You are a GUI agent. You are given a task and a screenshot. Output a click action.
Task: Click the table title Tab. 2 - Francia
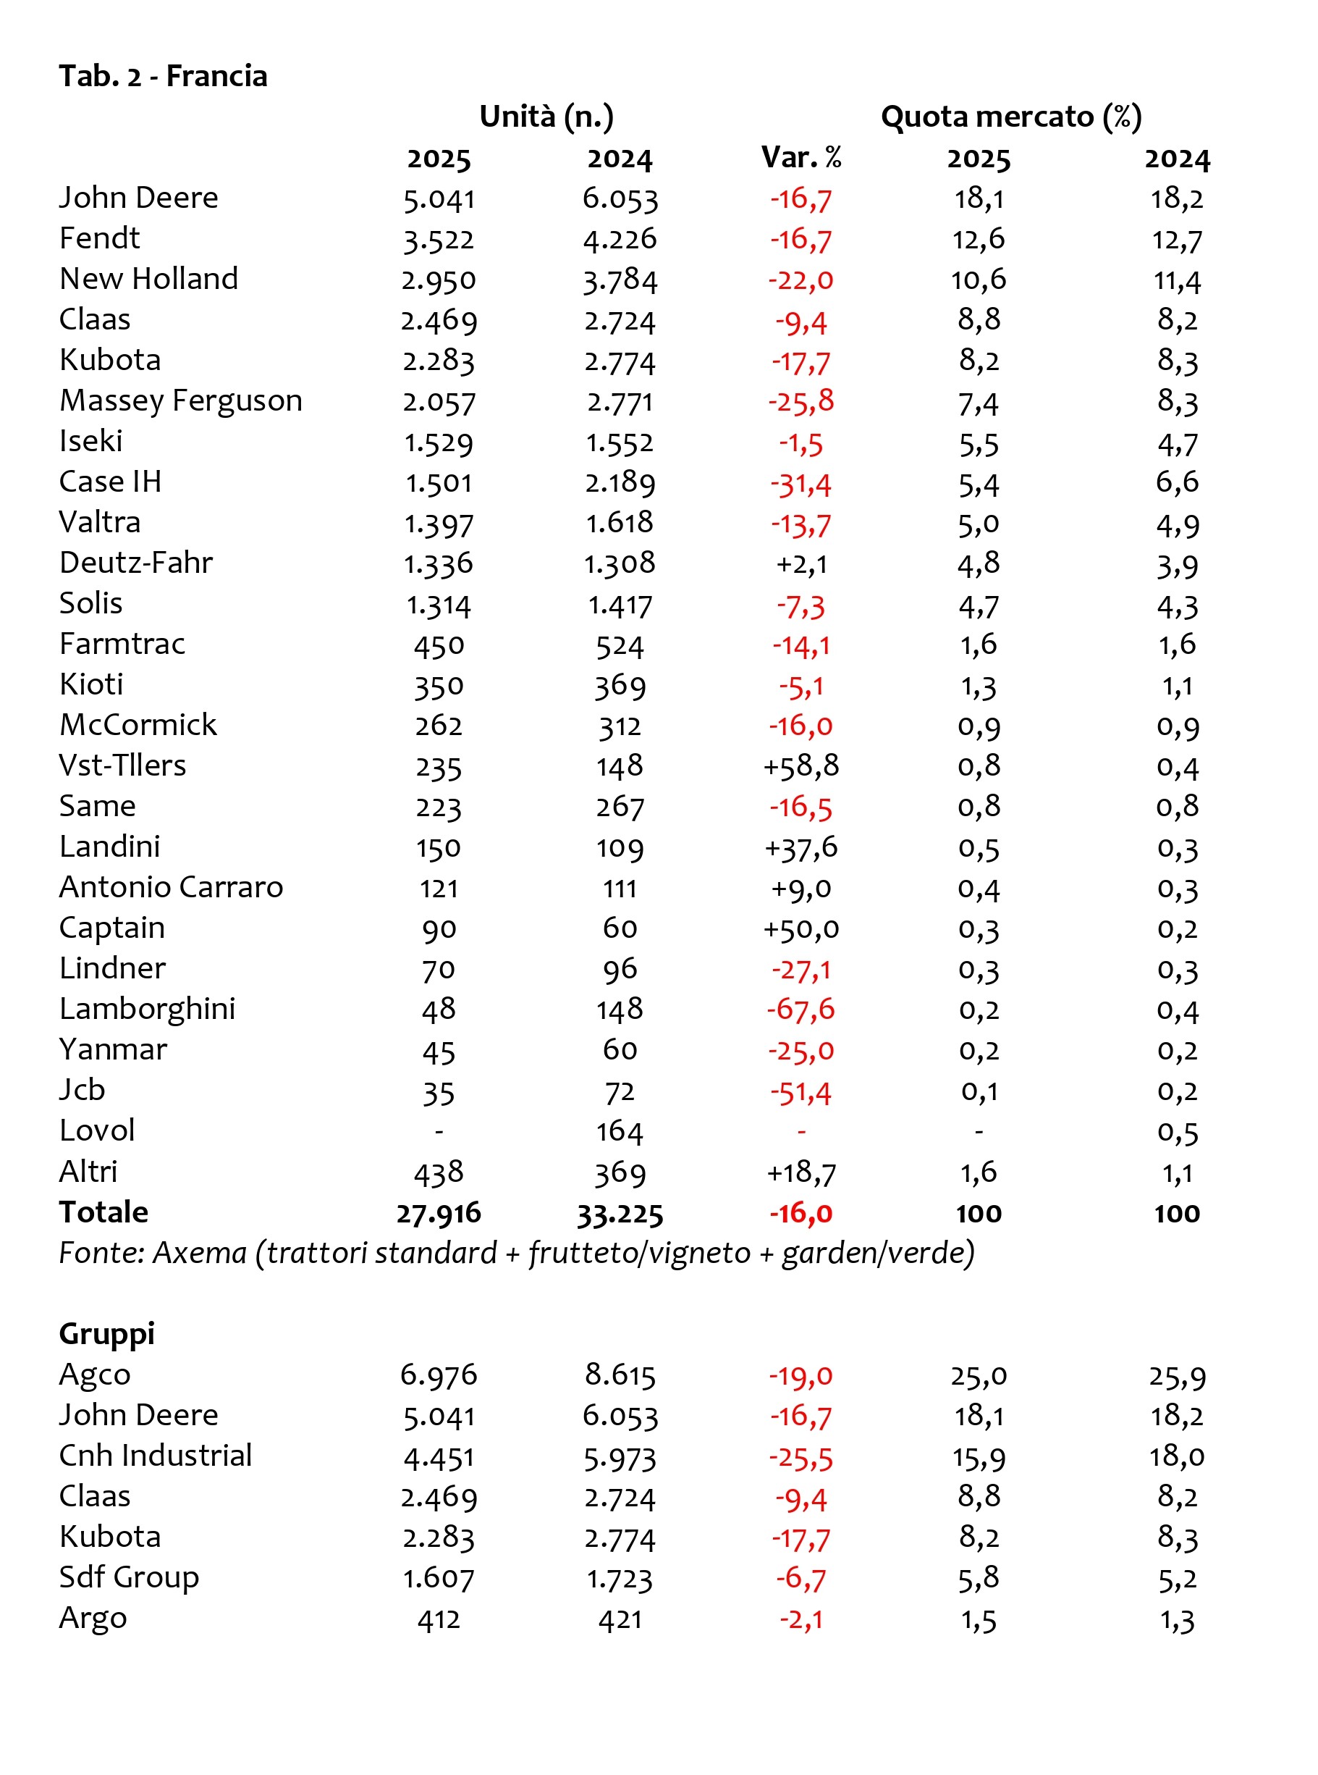tap(163, 76)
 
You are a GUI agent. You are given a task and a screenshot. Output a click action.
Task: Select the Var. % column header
tap(801, 157)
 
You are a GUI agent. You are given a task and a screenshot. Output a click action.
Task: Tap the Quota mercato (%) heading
tap(1011, 117)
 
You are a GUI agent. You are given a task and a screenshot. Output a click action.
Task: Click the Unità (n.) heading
tap(546, 117)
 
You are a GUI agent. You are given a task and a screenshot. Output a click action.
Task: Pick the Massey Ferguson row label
tap(181, 400)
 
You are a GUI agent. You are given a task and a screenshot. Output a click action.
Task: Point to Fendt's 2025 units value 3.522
tap(439, 240)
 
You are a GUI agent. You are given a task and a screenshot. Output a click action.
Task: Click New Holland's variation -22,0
tap(801, 280)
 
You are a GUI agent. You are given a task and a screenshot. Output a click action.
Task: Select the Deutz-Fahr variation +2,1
tap(801, 564)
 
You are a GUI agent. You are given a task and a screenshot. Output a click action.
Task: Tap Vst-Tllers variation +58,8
tap(801, 766)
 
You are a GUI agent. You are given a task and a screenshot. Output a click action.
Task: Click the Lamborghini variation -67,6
tap(801, 1010)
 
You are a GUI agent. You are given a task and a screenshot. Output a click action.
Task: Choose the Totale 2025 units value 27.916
tap(439, 1213)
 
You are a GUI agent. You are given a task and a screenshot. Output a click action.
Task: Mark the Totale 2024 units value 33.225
tap(620, 1213)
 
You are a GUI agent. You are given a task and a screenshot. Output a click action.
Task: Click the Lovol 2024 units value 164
tap(620, 1132)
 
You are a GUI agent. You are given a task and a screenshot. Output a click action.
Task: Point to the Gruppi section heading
tap(107, 1335)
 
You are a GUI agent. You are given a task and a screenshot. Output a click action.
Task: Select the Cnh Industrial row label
tap(156, 1456)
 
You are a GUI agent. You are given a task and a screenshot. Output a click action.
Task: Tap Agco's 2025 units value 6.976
tap(439, 1375)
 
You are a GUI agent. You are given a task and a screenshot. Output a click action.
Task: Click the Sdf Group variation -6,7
tap(801, 1578)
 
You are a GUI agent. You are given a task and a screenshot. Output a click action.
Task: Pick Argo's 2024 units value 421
tap(620, 1619)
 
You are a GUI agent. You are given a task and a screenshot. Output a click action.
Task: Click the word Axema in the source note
tap(200, 1253)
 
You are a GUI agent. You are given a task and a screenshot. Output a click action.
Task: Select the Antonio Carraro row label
tap(172, 888)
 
